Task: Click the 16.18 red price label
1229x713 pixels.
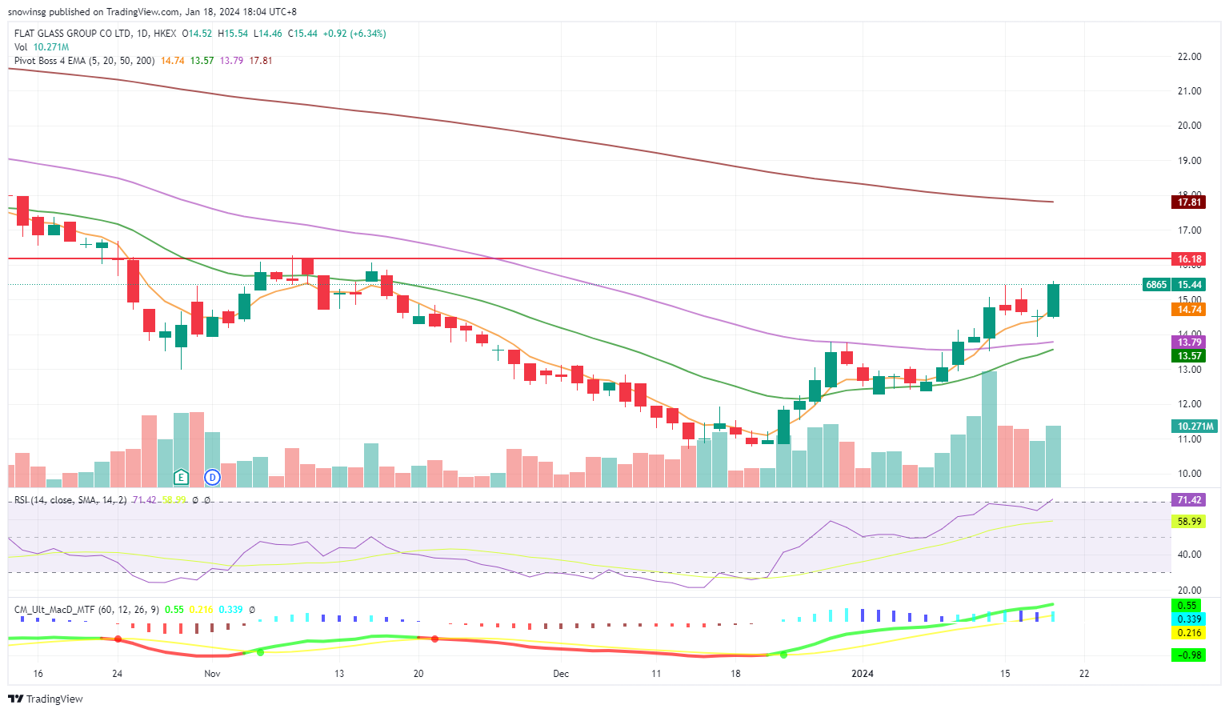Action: click(x=1189, y=258)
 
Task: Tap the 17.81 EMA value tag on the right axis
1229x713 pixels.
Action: click(x=1189, y=202)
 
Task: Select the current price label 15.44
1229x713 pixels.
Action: click(x=1189, y=284)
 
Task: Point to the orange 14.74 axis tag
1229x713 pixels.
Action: click(x=1189, y=309)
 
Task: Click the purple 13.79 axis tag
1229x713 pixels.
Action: click(x=1189, y=342)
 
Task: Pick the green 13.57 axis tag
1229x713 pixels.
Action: click(x=1189, y=355)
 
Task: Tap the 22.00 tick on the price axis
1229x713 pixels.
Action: click(x=1189, y=57)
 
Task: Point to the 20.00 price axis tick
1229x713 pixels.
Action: click(x=1189, y=126)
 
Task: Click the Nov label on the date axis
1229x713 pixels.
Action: click(x=212, y=674)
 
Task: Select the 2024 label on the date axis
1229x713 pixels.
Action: click(x=863, y=674)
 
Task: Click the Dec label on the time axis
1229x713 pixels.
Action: click(x=561, y=674)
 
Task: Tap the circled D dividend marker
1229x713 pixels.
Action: click(x=212, y=478)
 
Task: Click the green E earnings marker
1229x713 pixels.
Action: click(x=182, y=478)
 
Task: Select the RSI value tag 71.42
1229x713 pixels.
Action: click(x=1189, y=500)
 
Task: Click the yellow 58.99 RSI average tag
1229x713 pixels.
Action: click(x=1189, y=522)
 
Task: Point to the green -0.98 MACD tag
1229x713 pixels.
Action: click(x=1189, y=655)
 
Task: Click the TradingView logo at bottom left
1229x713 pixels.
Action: click(x=46, y=699)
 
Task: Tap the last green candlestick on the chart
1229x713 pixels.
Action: click(x=1053, y=300)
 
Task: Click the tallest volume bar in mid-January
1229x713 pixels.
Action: click(x=989, y=429)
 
